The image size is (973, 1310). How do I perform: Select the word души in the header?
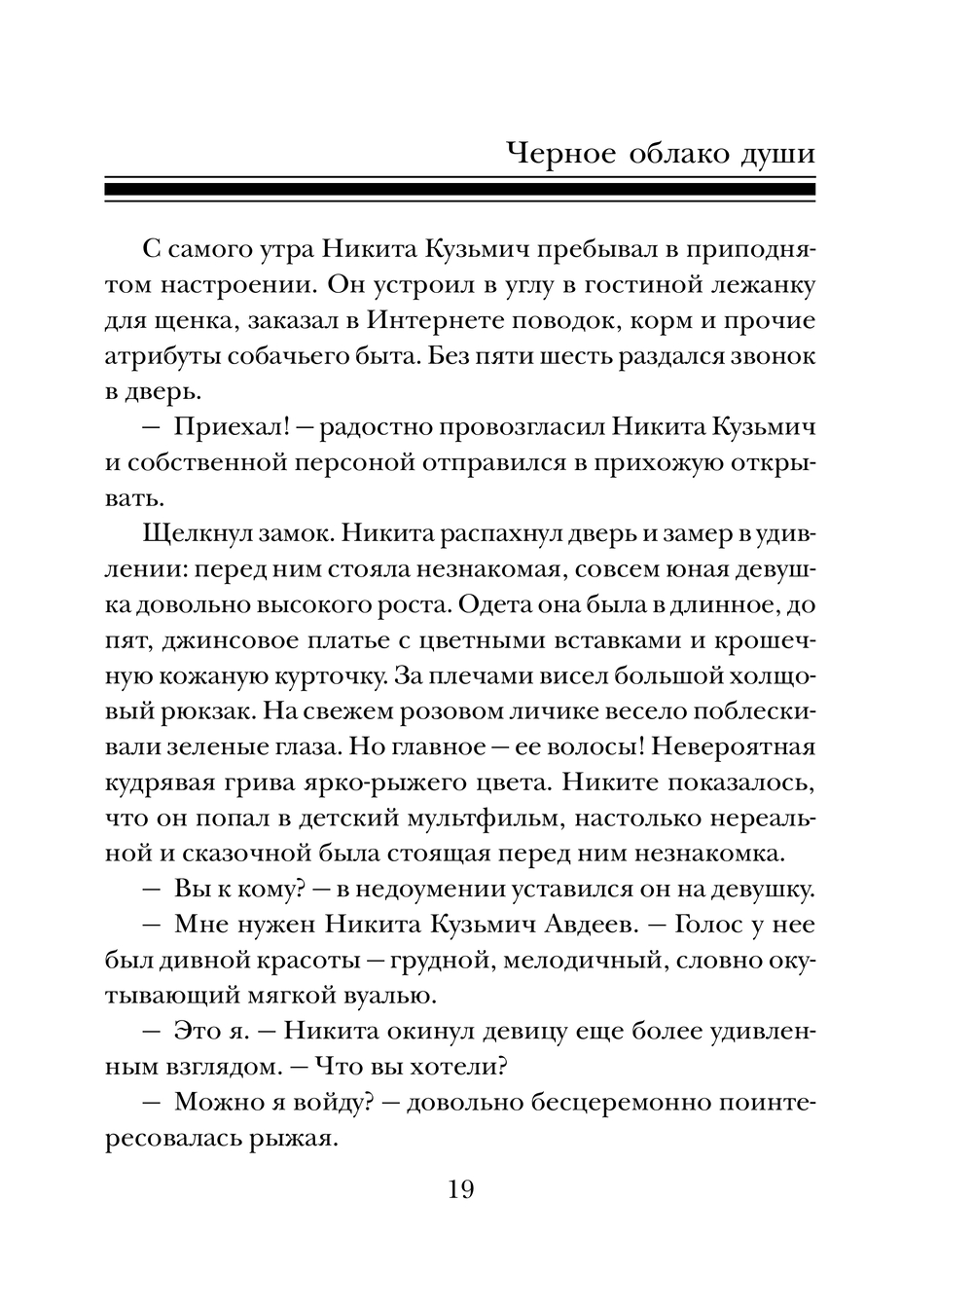coord(776,156)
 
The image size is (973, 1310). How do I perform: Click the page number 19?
coord(460,1188)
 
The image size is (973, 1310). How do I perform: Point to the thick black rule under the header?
coord(460,186)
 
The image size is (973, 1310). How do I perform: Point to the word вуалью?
coord(384,995)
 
